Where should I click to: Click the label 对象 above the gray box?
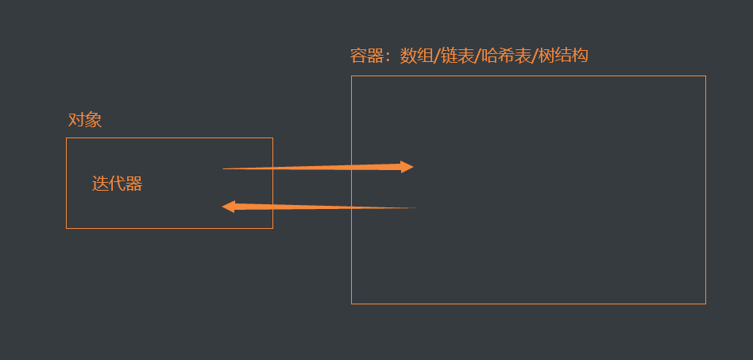click(85, 120)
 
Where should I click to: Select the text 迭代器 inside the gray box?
click(117, 184)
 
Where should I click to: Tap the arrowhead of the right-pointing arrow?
click(407, 167)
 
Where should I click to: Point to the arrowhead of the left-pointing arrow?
click(228, 207)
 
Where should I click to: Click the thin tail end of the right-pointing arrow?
click(225, 168)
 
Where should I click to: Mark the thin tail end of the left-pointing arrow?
click(414, 208)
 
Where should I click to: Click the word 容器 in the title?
click(366, 56)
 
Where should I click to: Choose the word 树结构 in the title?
click(563, 56)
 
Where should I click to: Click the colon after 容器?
click(388, 57)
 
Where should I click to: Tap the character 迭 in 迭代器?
click(100, 184)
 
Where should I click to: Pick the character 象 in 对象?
click(94, 120)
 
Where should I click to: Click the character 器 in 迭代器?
click(134, 184)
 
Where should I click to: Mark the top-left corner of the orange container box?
click(352, 76)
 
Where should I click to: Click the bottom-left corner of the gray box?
click(67, 228)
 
